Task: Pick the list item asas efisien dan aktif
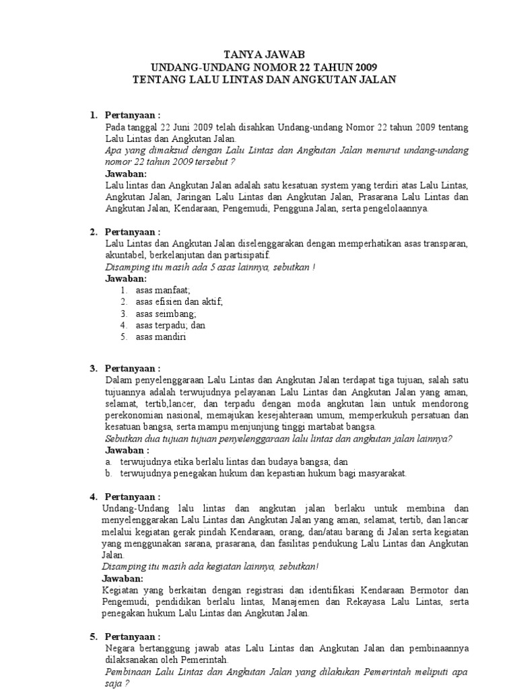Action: click(178, 302)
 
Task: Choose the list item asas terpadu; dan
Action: click(170, 325)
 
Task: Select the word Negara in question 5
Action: click(120, 649)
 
